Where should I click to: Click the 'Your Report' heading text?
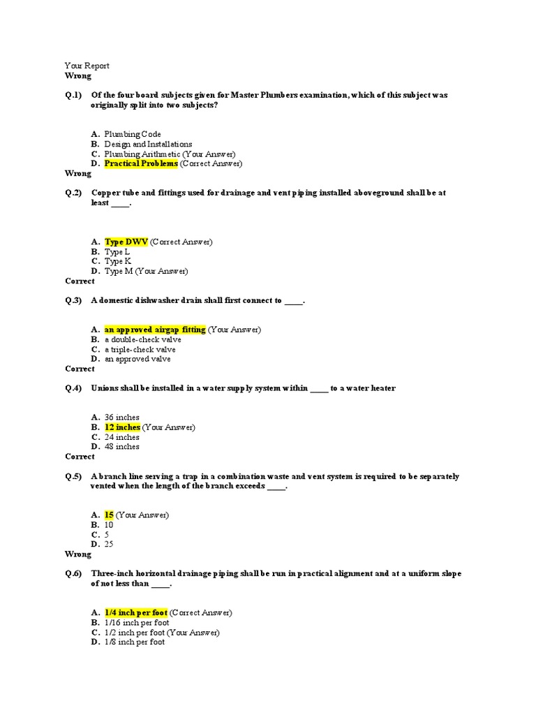pyautogui.click(x=87, y=66)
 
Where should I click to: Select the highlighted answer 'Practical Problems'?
pyautogui.click(x=141, y=163)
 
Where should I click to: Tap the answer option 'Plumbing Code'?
pyautogui.click(x=133, y=134)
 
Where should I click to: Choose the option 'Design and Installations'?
pyautogui.click(x=148, y=144)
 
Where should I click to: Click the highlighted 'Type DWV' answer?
pyautogui.click(x=126, y=242)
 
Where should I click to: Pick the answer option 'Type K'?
pyautogui.click(x=118, y=261)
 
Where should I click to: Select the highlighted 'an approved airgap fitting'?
pyautogui.click(x=155, y=330)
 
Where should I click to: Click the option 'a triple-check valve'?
pyautogui.click(x=140, y=349)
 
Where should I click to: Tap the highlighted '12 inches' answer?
pyautogui.click(x=122, y=427)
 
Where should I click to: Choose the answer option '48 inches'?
pyautogui.click(x=122, y=447)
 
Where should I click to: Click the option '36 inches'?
pyautogui.click(x=122, y=418)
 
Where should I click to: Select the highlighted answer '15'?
pyautogui.click(x=109, y=515)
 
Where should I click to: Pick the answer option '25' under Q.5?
pyautogui.click(x=109, y=544)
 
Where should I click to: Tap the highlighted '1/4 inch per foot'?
pyautogui.click(x=136, y=612)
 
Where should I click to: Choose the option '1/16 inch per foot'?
pyautogui.click(x=137, y=622)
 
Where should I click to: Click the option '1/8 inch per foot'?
pyautogui.click(x=135, y=642)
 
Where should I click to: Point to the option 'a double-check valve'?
pyautogui.click(x=143, y=339)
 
